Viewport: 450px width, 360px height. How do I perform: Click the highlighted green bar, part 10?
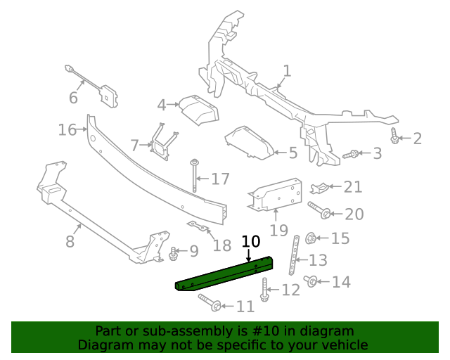coord(225,276)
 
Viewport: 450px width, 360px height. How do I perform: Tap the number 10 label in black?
coord(251,242)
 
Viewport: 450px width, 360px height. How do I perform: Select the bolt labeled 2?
coord(395,136)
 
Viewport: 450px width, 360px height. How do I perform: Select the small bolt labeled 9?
coord(173,252)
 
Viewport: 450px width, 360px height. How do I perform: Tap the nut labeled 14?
coord(310,282)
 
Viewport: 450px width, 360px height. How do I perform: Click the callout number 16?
coord(67,130)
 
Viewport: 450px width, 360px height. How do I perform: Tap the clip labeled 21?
coord(319,187)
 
